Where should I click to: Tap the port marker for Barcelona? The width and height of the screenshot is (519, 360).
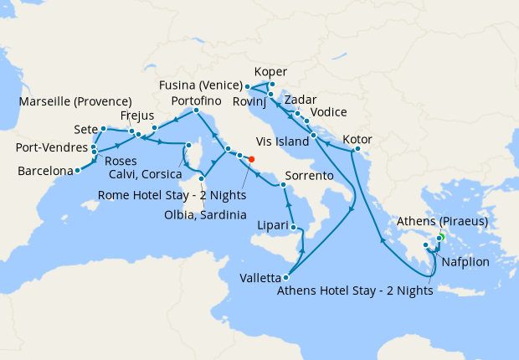click(x=77, y=170)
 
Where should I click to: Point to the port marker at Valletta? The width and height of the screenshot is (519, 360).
click(x=287, y=277)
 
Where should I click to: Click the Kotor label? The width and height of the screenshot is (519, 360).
click(x=357, y=139)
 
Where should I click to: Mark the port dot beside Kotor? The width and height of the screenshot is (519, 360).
click(x=356, y=151)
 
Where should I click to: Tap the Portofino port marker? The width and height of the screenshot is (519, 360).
click(x=196, y=111)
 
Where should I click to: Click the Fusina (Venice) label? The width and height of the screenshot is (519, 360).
click(x=200, y=85)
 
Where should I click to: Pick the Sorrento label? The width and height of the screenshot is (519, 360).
click(x=311, y=177)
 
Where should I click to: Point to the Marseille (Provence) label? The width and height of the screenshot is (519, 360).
click(x=75, y=102)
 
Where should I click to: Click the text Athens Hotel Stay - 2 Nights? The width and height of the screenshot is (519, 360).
click(x=353, y=292)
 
